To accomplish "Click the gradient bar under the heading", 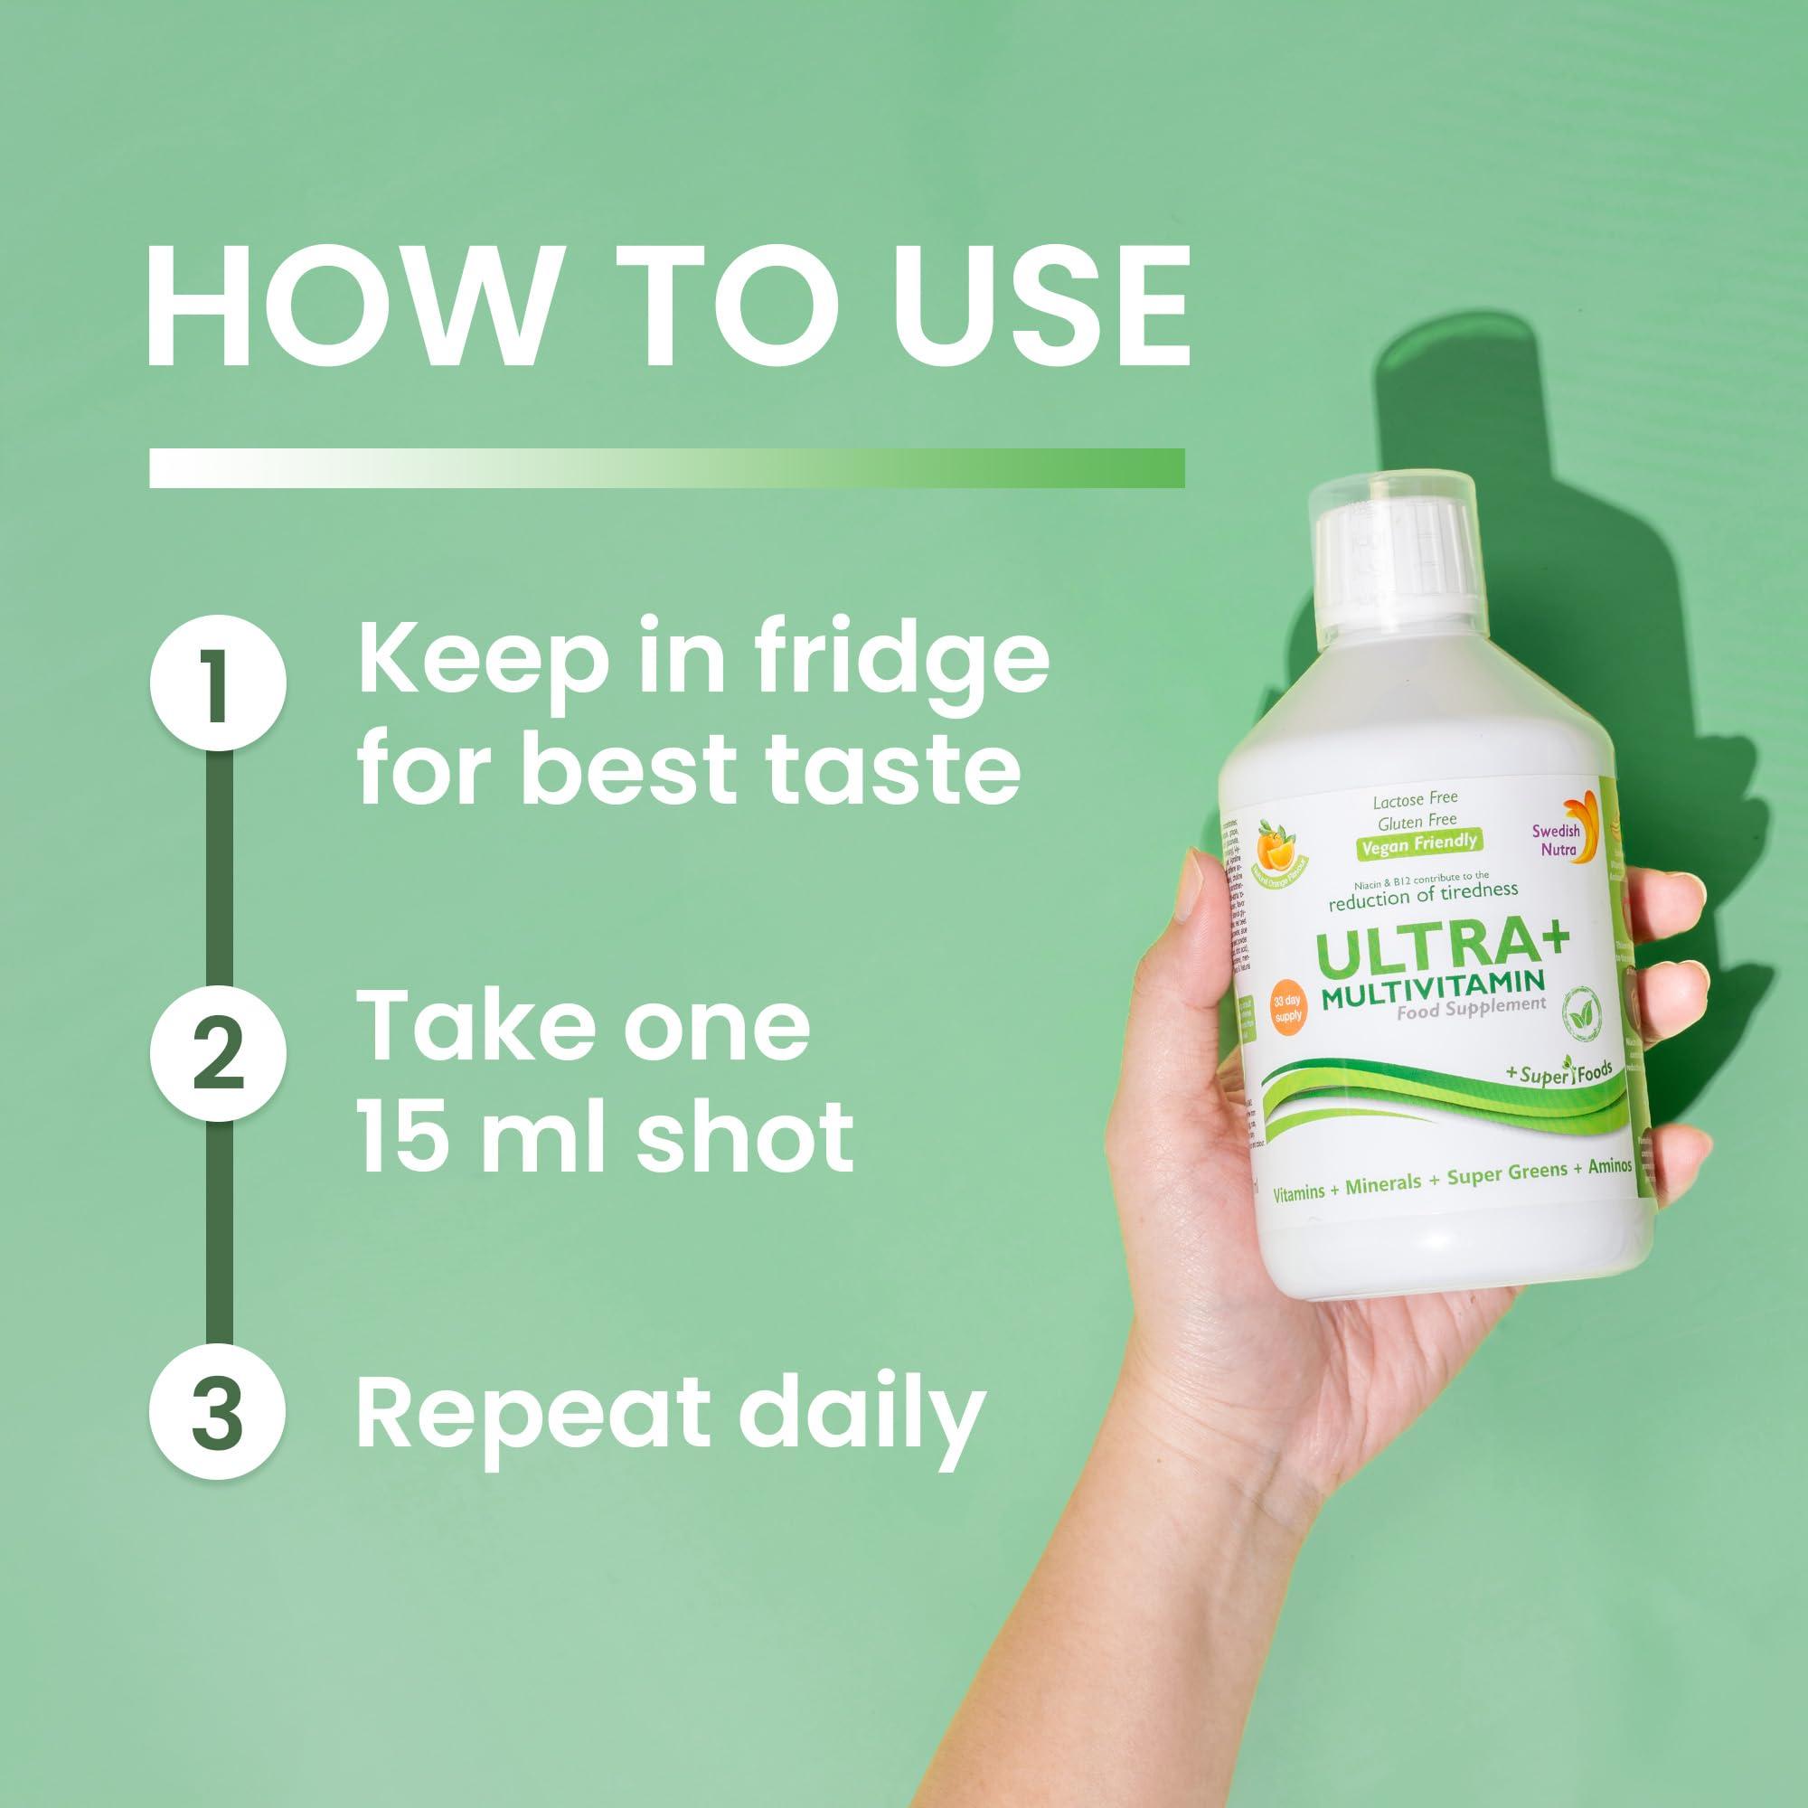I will (x=666, y=467).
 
